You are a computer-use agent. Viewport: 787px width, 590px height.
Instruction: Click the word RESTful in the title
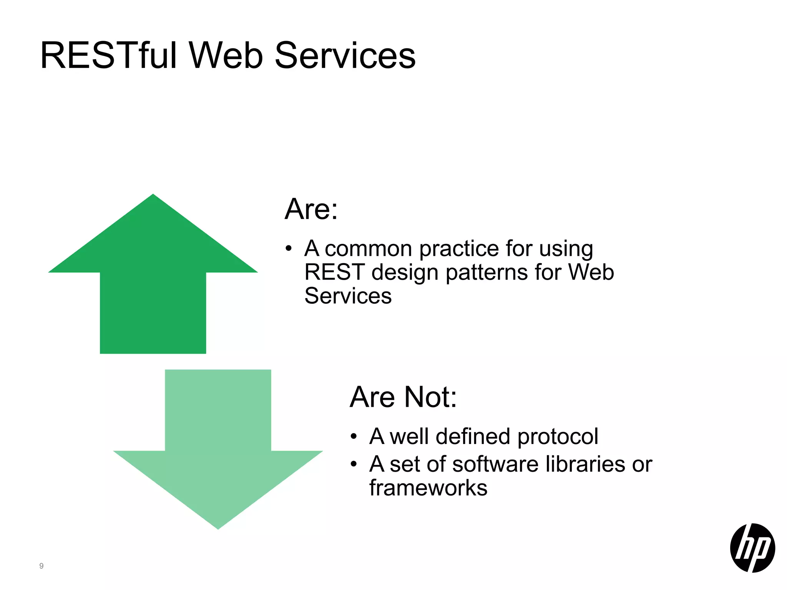tap(108, 56)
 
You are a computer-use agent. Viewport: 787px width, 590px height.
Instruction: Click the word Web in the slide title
tap(226, 56)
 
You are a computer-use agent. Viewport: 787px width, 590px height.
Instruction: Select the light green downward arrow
tap(218, 449)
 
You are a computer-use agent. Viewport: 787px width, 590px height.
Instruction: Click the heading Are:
tap(311, 209)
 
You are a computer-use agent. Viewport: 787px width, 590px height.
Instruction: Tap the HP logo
tap(752, 548)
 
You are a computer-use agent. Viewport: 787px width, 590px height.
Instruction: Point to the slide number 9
tap(42, 566)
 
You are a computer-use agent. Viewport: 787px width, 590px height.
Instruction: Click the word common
tap(368, 249)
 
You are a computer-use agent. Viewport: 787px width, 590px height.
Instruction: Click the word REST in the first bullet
tap(334, 272)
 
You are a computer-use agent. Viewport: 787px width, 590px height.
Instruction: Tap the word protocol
tap(558, 437)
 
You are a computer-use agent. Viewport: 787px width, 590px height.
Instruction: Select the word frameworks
tap(428, 488)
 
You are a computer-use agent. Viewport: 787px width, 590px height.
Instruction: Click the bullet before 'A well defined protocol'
tap(354, 437)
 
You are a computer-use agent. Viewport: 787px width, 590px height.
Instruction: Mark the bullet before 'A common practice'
tap(289, 249)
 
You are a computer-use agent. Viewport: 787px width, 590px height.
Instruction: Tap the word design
tap(405, 273)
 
